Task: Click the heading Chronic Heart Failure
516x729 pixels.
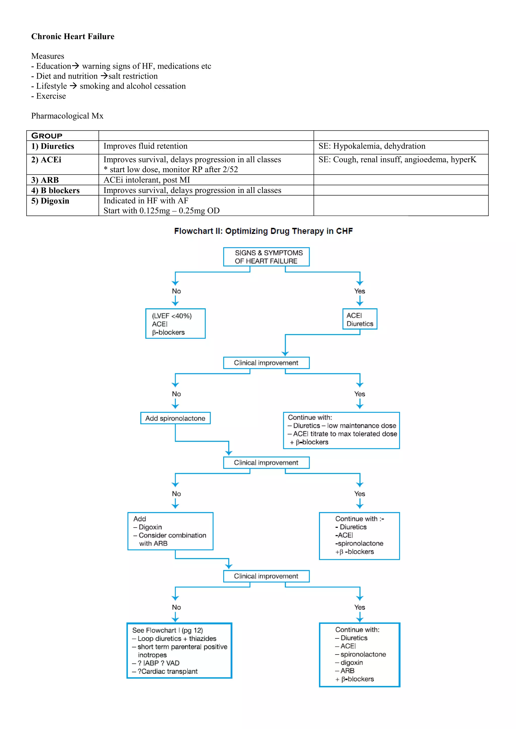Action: pyautogui.click(x=73, y=37)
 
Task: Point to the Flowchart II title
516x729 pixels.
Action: pyautogui.click(x=263, y=231)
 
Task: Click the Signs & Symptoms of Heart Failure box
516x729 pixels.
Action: pyautogui.click(x=266, y=257)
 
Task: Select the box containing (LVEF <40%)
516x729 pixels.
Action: pyautogui.click(x=175, y=323)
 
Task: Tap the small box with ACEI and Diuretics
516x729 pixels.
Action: pyautogui.click(x=360, y=319)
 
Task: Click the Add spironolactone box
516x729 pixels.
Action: pyautogui.click(x=175, y=418)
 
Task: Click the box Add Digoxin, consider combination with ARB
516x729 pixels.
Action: pyautogui.click(x=170, y=531)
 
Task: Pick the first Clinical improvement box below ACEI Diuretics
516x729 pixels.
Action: pyautogui.click(x=266, y=363)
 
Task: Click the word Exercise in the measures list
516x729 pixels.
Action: pyautogui.click(x=51, y=96)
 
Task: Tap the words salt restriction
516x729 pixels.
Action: pyautogui.click(x=133, y=76)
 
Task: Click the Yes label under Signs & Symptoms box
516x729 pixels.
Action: pyautogui.click(x=360, y=291)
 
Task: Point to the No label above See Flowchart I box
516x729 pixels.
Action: pyautogui.click(x=176, y=607)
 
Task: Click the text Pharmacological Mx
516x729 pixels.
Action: pyautogui.click(x=67, y=116)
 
